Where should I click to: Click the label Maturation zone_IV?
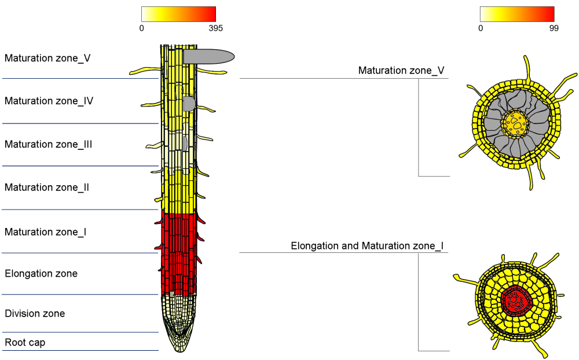(x=49, y=101)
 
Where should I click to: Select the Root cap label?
(x=25, y=343)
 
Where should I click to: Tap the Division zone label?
(x=35, y=314)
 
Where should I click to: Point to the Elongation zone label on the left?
(x=41, y=273)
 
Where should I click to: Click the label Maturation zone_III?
(x=49, y=144)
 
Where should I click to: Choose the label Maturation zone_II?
(x=47, y=188)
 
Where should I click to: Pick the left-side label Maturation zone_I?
(x=46, y=232)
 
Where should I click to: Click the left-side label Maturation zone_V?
(x=47, y=58)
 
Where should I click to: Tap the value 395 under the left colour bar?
(x=215, y=28)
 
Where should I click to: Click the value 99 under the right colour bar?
(x=554, y=28)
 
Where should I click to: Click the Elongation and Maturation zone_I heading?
(x=367, y=246)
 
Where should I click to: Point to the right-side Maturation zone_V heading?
(x=401, y=71)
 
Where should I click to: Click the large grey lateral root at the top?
(x=208, y=56)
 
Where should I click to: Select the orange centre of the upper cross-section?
(x=515, y=123)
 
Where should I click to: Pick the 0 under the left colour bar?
(x=142, y=28)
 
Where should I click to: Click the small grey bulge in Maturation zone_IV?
(x=189, y=104)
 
